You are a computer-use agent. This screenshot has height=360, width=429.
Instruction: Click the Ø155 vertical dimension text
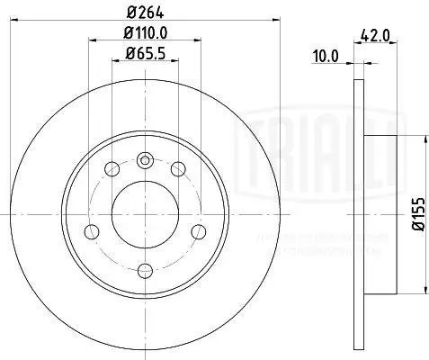(417, 217)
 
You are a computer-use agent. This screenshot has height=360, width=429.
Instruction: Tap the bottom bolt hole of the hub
(147, 267)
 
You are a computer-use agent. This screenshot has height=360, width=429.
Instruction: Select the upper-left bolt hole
(112, 168)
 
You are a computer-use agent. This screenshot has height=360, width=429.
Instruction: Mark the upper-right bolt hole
(179, 168)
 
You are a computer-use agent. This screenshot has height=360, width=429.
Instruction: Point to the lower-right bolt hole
(199, 229)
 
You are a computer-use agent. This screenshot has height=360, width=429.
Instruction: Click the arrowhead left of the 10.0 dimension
(351, 64)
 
